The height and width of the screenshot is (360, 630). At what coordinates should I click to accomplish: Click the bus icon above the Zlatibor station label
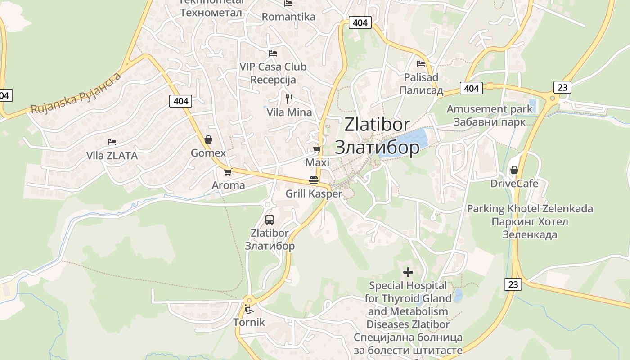point(269,220)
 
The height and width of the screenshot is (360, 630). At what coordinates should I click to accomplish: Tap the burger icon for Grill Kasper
point(314,180)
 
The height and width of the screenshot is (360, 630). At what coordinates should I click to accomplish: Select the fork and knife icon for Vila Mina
point(289,99)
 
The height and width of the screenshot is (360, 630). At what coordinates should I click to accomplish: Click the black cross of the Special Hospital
point(408,272)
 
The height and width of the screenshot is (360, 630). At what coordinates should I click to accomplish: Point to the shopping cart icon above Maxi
point(317,149)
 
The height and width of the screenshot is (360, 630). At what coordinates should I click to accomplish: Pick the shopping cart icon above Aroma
point(228,172)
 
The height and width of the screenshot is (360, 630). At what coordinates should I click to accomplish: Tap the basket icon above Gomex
point(208,140)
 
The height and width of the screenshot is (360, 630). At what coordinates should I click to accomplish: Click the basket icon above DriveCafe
point(514,170)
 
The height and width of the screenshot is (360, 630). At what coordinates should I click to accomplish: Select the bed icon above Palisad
point(421,64)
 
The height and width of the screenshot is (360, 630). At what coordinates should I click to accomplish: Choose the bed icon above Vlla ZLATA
point(112,142)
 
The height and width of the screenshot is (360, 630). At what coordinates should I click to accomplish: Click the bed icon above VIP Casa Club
point(273,53)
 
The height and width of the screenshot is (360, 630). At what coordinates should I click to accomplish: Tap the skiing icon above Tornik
point(248,309)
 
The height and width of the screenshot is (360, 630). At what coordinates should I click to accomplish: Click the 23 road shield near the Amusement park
point(562,87)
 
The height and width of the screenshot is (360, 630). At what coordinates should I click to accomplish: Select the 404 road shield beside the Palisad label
point(471,88)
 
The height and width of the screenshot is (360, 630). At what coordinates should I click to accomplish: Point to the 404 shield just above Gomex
point(181,101)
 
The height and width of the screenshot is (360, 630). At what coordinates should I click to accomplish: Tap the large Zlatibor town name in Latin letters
point(377,125)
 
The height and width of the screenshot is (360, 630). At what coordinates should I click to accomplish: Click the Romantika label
point(288,17)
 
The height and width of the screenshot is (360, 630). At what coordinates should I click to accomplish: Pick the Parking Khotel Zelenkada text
point(530,209)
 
